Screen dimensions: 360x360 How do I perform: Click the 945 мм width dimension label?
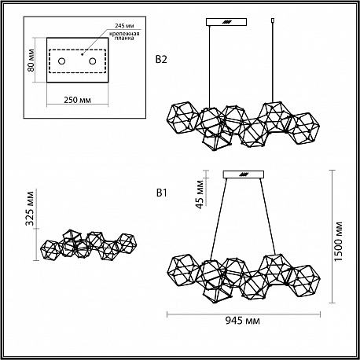pos(243,321)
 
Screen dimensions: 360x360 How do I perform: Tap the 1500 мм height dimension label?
pos(339,241)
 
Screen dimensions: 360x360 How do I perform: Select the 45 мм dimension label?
pos(200,194)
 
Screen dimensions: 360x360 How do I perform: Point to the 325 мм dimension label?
pos(29,208)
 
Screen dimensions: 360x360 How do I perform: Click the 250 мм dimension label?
pos(78,100)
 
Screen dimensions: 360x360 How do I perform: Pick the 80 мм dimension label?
pos(31,61)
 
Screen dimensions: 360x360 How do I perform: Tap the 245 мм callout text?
pos(124,26)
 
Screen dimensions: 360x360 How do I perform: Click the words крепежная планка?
pos(124,35)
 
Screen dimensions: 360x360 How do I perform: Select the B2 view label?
pos(161,60)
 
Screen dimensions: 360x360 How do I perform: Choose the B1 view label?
pos(162,193)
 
